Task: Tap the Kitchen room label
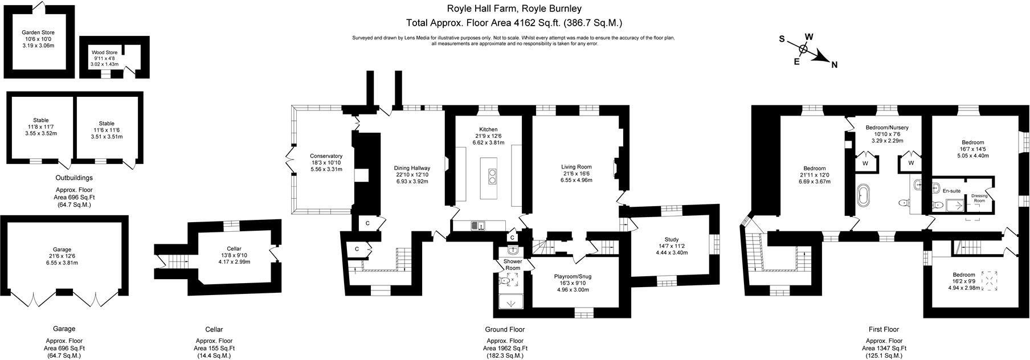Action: click(488, 129)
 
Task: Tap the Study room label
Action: click(672, 239)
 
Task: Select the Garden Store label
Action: click(38, 32)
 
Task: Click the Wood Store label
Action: click(104, 52)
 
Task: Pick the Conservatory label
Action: click(326, 156)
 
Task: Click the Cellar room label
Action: click(234, 249)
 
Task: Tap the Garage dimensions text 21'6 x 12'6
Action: click(62, 256)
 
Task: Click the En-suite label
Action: click(951, 191)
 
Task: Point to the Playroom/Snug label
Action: click(573, 276)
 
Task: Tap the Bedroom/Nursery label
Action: click(886, 128)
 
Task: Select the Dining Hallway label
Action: click(412, 168)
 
